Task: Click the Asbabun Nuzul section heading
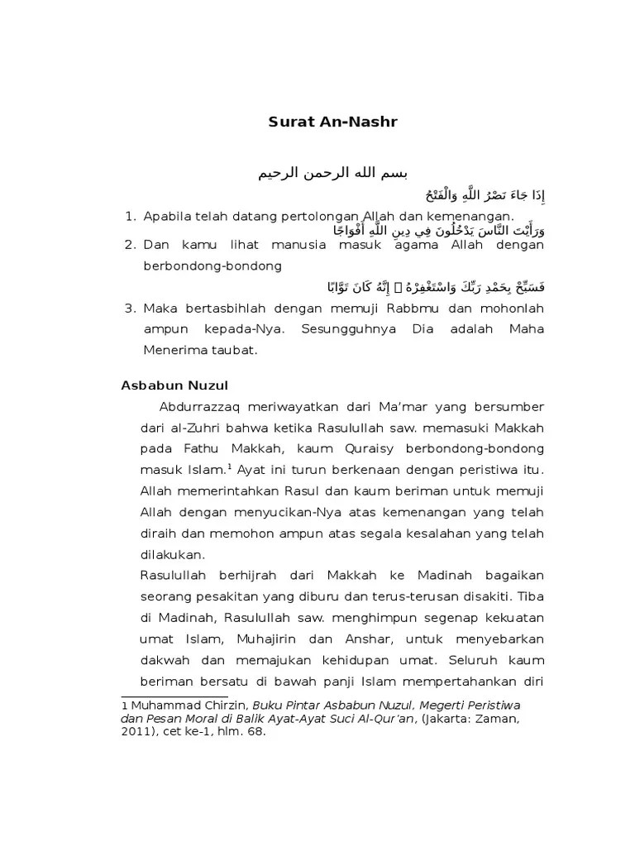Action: pos(174,385)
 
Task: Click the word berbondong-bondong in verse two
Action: pos(212,266)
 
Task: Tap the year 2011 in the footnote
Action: pos(135,731)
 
